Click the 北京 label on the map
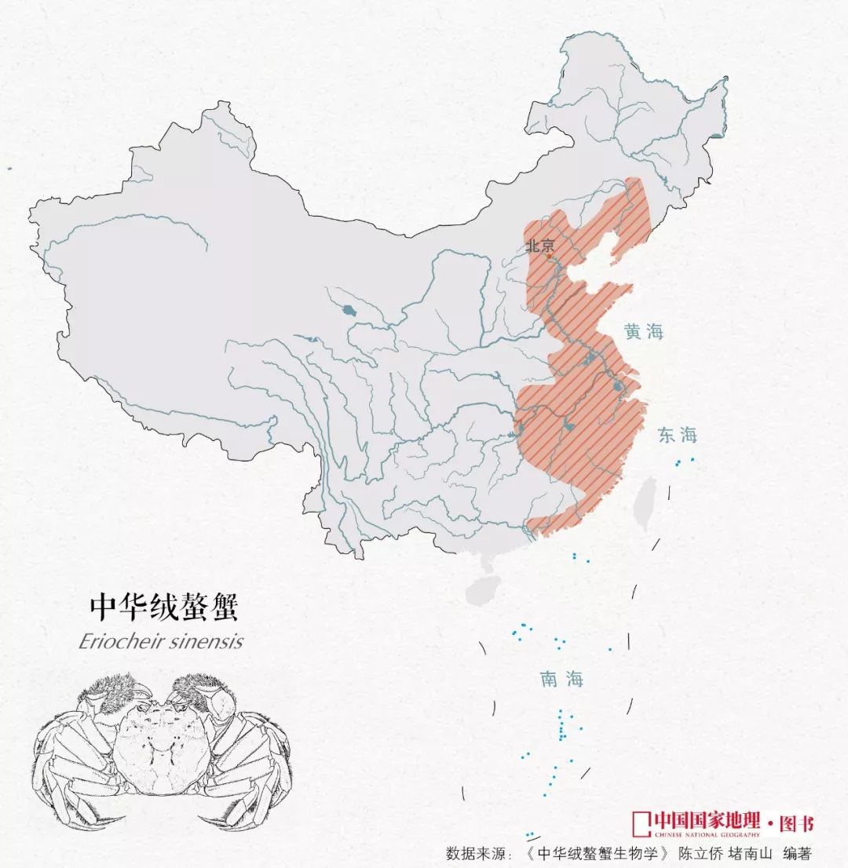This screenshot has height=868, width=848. point(540,245)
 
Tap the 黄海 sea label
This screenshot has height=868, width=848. point(644,332)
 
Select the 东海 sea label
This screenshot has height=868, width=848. point(678,435)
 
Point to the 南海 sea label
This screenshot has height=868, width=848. point(561,680)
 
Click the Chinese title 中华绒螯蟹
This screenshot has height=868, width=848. point(163,607)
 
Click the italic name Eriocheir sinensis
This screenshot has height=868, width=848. point(160,641)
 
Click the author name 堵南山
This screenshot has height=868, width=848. point(750,853)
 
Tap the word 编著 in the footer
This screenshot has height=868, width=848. point(799,853)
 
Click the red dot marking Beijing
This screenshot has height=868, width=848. point(549,255)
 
